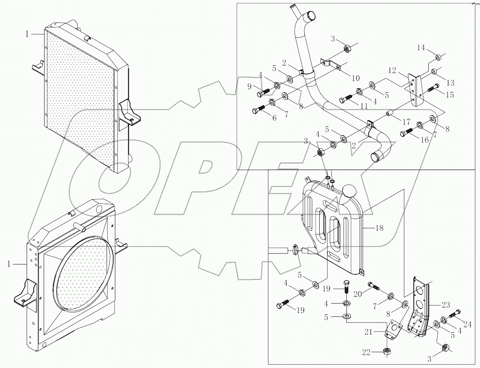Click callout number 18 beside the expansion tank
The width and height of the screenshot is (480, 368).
(379, 228)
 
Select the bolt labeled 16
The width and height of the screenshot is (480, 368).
(406, 133)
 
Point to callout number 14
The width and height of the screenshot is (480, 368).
(421, 48)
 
